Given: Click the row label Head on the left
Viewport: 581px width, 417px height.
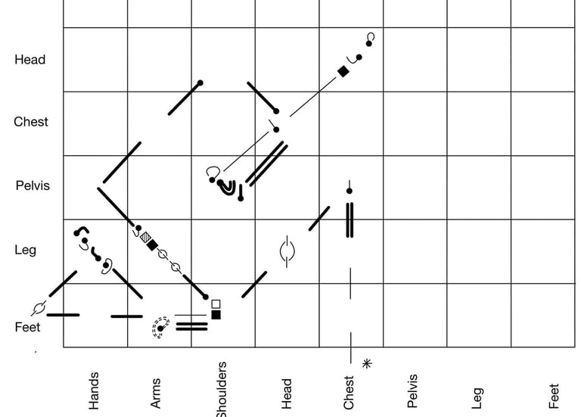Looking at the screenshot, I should click(x=30, y=60).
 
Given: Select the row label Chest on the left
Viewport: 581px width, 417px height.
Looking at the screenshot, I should click(x=31, y=122).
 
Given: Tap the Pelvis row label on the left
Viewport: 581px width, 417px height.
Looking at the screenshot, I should click(x=33, y=185).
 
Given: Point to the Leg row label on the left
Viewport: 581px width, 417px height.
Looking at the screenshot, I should click(x=25, y=250).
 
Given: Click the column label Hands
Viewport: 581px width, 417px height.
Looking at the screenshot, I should click(x=94, y=391).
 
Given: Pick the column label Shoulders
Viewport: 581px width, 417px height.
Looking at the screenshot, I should click(x=221, y=389).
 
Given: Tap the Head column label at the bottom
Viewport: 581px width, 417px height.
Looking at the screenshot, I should click(x=286, y=394).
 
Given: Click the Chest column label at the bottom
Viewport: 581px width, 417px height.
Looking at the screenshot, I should click(x=349, y=392).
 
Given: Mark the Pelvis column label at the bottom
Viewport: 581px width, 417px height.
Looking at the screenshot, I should click(x=412, y=391).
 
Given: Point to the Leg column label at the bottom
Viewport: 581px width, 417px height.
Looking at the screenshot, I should click(x=477, y=398).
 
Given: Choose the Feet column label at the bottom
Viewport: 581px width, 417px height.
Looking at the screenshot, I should click(x=554, y=396).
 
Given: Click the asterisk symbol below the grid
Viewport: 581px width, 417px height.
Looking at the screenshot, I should click(x=368, y=364).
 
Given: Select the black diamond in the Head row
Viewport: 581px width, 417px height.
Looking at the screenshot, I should click(x=343, y=71).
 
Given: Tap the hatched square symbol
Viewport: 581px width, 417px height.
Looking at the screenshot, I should click(x=144, y=237).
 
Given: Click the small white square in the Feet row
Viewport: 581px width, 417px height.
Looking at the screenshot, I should click(x=216, y=303).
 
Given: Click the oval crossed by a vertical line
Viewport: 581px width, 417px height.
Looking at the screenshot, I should click(x=286, y=251).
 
